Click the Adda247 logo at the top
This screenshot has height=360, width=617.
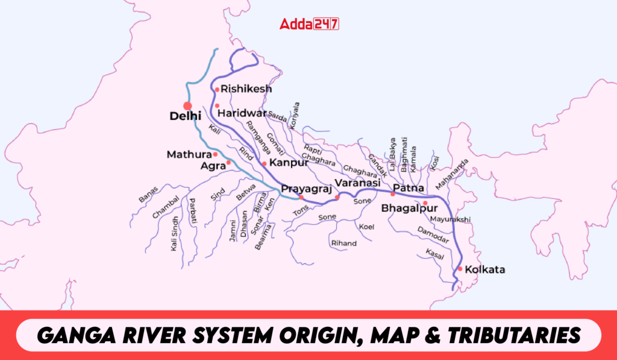(x=309, y=24)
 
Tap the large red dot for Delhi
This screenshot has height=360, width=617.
(x=187, y=106)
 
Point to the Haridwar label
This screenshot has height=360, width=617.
(x=242, y=113)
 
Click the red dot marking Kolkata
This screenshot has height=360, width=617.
(x=460, y=268)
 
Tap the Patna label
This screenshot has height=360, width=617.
(x=409, y=187)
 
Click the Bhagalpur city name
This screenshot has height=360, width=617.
(x=410, y=209)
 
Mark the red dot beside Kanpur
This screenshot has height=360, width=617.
(x=264, y=163)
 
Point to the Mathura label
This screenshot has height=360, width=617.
(x=189, y=155)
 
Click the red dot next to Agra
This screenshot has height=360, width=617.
(x=228, y=163)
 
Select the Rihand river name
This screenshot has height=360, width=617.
(x=343, y=243)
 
